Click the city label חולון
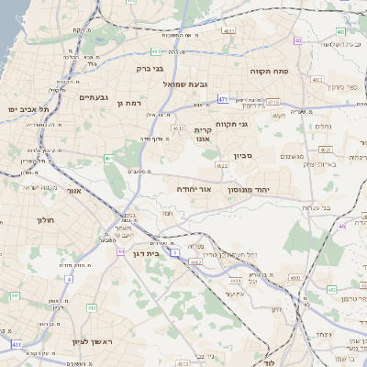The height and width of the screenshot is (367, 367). coord(47,220)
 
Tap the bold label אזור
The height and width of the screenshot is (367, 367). coord(75,191)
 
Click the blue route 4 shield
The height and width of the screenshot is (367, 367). coord(68,277)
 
